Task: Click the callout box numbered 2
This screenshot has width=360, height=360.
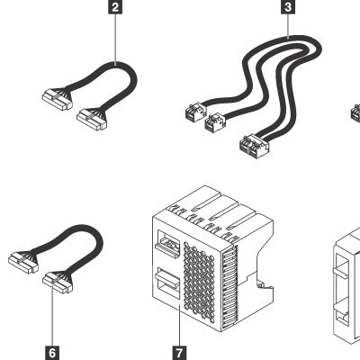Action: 115,7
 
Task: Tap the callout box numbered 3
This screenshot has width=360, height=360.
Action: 288,6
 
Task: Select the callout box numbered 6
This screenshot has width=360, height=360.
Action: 52,353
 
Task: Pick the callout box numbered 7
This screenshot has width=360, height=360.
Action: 179,353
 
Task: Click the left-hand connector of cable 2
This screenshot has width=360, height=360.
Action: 57,99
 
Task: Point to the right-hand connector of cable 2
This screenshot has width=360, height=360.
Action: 92,120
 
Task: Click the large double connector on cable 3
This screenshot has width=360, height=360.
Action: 255,146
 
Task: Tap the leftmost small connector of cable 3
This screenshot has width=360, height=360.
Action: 195,112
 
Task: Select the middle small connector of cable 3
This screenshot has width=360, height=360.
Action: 215,122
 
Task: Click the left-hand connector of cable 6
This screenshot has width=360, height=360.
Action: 23,262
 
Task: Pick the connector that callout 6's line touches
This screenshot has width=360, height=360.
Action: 58,283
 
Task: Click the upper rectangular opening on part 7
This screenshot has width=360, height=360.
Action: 167,242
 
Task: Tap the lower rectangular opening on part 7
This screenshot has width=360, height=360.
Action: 167,283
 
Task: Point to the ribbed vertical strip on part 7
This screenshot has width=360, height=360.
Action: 229,287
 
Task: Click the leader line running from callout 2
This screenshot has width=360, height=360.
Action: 115,40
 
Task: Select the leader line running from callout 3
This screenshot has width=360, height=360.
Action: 288,26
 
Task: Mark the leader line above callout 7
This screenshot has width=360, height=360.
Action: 179,326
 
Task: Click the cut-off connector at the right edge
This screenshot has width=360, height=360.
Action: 355,112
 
